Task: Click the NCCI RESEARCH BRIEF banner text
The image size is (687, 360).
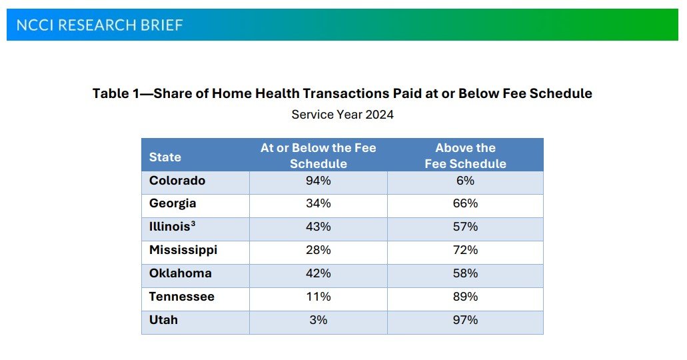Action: click(99, 25)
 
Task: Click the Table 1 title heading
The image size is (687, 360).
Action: click(342, 93)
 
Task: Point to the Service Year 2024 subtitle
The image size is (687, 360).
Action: click(342, 114)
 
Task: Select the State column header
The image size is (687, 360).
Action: click(165, 157)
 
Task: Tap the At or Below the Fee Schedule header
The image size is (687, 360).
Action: click(318, 155)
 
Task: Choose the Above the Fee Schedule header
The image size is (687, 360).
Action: click(465, 155)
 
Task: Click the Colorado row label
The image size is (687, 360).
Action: click(177, 181)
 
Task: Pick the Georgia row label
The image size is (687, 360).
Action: click(173, 203)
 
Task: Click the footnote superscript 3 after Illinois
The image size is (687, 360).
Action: click(193, 224)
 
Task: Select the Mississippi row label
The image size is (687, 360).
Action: click(183, 250)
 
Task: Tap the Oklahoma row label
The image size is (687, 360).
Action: click(181, 273)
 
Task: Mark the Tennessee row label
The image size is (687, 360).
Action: click(182, 297)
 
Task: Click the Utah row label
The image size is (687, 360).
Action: click(163, 319)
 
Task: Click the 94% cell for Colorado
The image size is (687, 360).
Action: click(319, 181)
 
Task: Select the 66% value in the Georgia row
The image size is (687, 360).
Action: click(465, 203)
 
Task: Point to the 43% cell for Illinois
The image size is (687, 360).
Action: click(319, 227)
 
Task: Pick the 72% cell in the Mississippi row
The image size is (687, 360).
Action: click(465, 250)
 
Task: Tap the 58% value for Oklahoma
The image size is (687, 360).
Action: click(465, 273)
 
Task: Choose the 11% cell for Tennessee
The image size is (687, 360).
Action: click(319, 297)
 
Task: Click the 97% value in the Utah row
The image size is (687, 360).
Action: click(465, 319)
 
